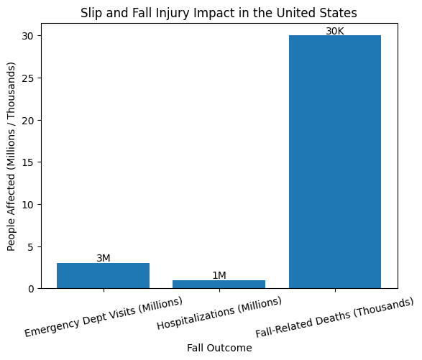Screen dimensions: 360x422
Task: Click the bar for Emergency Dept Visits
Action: click(x=104, y=275)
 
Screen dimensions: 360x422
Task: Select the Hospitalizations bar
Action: click(x=219, y=284)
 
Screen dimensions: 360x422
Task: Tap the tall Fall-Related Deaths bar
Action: click(x=335, y=162)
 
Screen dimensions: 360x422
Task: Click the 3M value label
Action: click(x=104, y=258)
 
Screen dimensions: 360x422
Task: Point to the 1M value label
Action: click(x=219, y=275)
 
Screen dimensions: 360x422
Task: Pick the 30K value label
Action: click(x=335, y=31)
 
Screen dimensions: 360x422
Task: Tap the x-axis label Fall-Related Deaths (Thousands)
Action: click(x=335, y=318)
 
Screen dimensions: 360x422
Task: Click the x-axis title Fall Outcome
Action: click(x=219, y=348)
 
